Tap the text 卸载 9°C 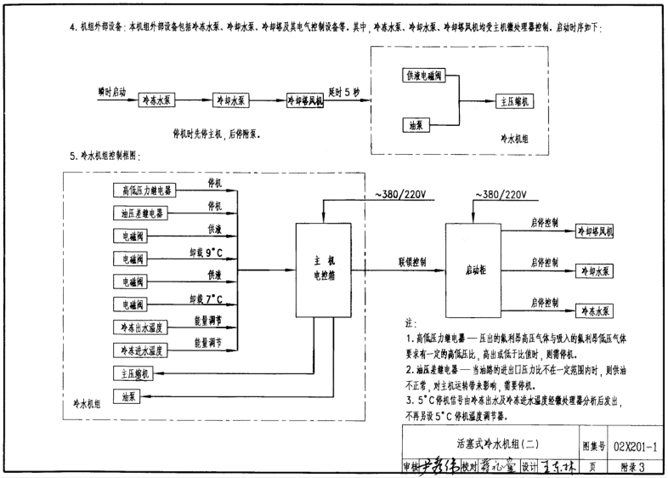(x=206, y=252)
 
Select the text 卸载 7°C (x=206, y=298)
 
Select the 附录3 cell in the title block (x=631, y=464)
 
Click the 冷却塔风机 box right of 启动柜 (x=599, y=230)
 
